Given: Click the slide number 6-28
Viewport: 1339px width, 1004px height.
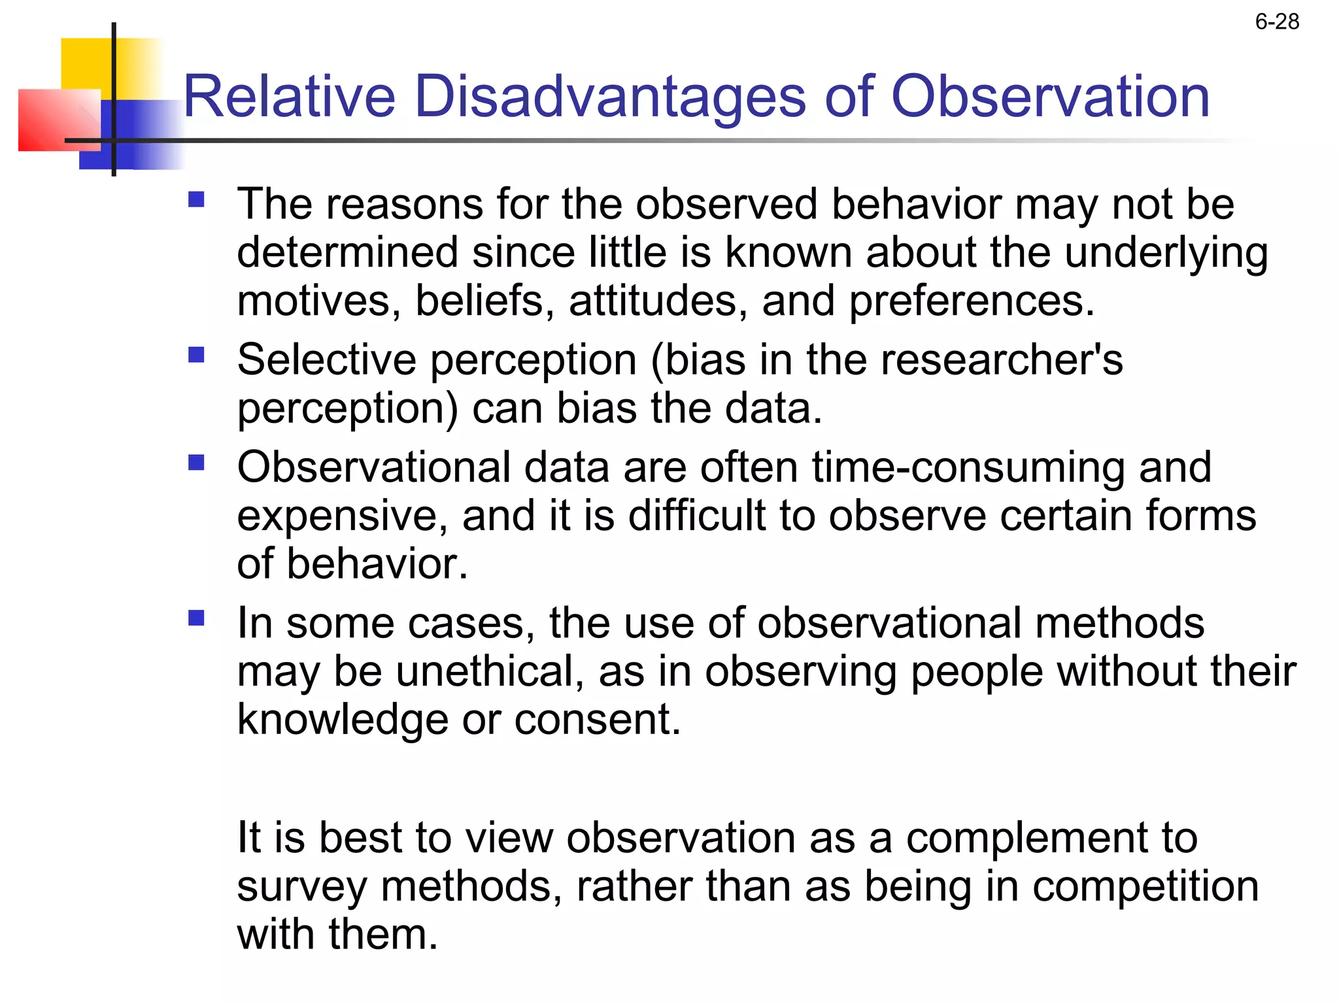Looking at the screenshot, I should click(1276, 22).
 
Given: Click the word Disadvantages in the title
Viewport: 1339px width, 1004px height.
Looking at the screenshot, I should click(609, 97).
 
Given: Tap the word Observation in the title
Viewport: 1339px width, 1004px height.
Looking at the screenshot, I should click(1050, 97).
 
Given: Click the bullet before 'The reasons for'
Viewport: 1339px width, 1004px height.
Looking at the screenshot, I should click(196, 199).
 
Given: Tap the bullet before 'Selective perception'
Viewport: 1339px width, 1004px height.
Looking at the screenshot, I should click(196, 354).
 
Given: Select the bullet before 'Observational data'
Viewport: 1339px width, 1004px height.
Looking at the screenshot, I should click(196, 462).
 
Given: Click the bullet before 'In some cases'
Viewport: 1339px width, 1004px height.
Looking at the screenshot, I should click(196, 618).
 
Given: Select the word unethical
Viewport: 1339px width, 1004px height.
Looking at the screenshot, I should click(489, 672).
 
